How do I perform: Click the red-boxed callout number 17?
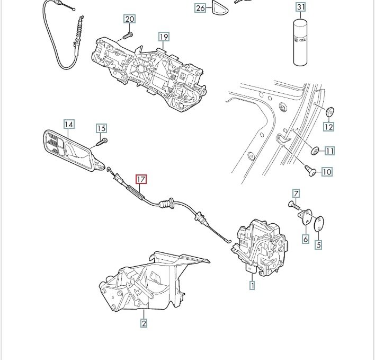[x=141, y=179]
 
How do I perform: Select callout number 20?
[x=130, y=19]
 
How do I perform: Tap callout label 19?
[x=164, y=37]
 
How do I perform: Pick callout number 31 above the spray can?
[x=301, y=7]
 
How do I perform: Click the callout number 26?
[x=200, y=8]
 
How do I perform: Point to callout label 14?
[x=69, y=124]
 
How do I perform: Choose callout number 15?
[x=101, y=128]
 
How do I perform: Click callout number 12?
[x=328, y=127]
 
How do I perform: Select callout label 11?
[x=330, y=151]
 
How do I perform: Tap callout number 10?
[x=327, y=172]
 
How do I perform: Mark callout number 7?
[x=296, y=194]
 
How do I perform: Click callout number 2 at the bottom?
[x=144, y=323]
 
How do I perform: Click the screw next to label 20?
[x=128, y=36]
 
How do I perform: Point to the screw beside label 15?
[x=102, y=142]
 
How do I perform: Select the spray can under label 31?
[x=300, y=42]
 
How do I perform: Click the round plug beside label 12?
[x=331, y=112]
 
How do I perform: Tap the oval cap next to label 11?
[x=315, y=151]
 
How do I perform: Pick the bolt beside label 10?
[x=310, y=171]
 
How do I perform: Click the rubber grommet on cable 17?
[x=166, y=204]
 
